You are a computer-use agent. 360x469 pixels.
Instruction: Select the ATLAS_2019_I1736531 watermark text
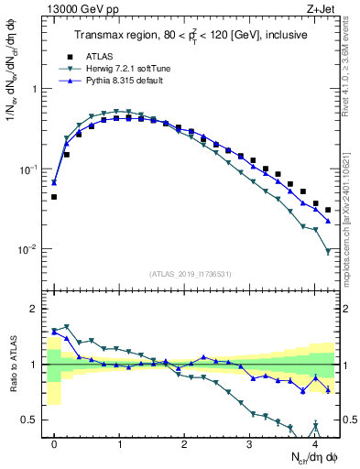pos(190,274)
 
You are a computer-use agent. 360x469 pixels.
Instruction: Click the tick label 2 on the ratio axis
pos(35,309)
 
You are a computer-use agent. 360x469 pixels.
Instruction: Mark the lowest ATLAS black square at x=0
pos(54,197)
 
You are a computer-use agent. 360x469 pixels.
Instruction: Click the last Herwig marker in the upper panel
pos(328,251)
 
